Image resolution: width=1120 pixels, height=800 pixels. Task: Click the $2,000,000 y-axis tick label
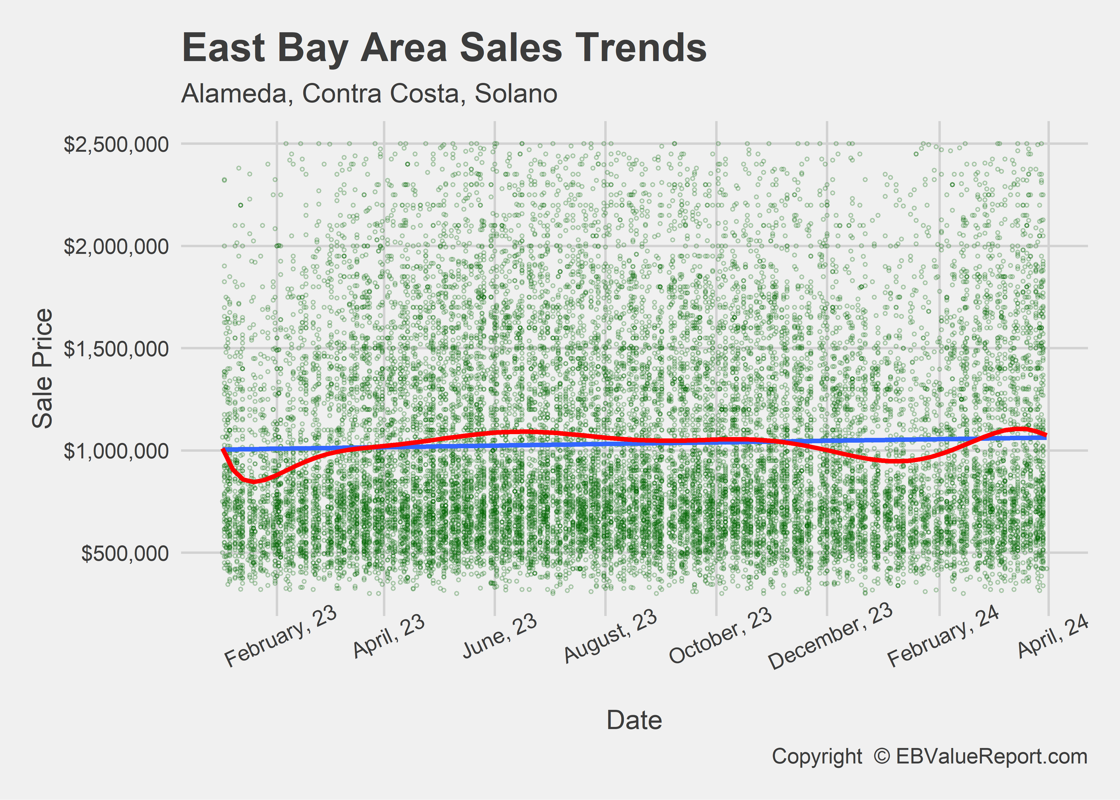[x=116, y=246]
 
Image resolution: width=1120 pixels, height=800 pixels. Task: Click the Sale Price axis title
[x=42, y=369]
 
